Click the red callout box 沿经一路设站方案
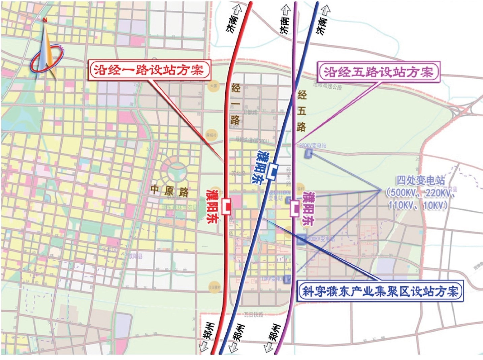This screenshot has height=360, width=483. click(x=149, y=70)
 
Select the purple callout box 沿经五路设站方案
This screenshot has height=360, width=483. click(x=379, y=71)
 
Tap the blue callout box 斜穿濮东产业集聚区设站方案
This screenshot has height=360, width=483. click(x=380, y=291)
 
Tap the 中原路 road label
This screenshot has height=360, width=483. click(x=169, y=191)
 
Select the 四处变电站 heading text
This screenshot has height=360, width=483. click(x=420, y=180)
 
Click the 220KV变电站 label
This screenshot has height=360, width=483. click(x=313, y=145)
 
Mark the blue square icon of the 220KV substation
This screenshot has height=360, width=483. click(x=308, y=154)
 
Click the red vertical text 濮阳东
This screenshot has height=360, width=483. click(x=212, y=206)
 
